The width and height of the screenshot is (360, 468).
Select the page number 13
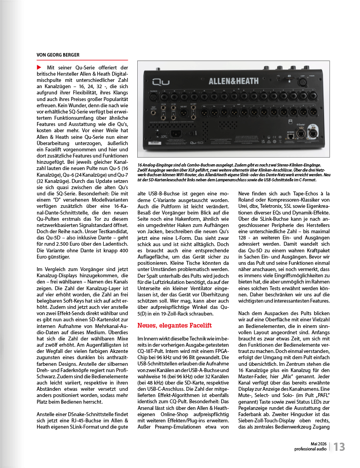click(x=339, y=447)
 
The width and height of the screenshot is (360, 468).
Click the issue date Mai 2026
click(x=318, y=444)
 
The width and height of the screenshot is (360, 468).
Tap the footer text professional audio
click(x=310, y=449)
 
